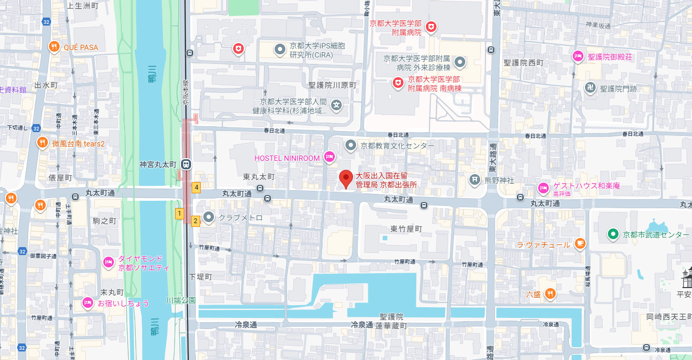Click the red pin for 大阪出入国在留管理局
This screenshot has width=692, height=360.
[347, 179]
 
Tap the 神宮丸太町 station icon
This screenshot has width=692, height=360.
[186, 164]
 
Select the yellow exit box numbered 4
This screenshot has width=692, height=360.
[196, 187]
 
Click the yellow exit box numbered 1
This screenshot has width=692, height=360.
[179, 214]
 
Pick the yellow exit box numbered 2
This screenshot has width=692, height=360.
[195, 220]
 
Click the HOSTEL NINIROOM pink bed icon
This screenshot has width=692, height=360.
[329, 157]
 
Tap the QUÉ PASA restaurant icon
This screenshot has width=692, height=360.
[54, 47]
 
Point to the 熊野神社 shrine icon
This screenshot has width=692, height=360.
[474, 179]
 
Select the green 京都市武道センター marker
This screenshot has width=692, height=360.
[613, 234]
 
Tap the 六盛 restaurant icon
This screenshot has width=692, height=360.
[550, 293]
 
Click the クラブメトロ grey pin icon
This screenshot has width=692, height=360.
[209, 217]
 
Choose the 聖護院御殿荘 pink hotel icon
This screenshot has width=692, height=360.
[578, 56]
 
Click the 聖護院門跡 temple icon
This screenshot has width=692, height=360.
[590, 87]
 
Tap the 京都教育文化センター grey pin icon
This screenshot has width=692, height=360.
[350, 145]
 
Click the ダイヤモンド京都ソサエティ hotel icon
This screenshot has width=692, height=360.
[108, 261]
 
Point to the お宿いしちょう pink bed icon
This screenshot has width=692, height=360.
[88, 302]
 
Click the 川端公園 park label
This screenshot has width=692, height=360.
[181, 300]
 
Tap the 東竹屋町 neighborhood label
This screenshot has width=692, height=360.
[406, 229]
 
